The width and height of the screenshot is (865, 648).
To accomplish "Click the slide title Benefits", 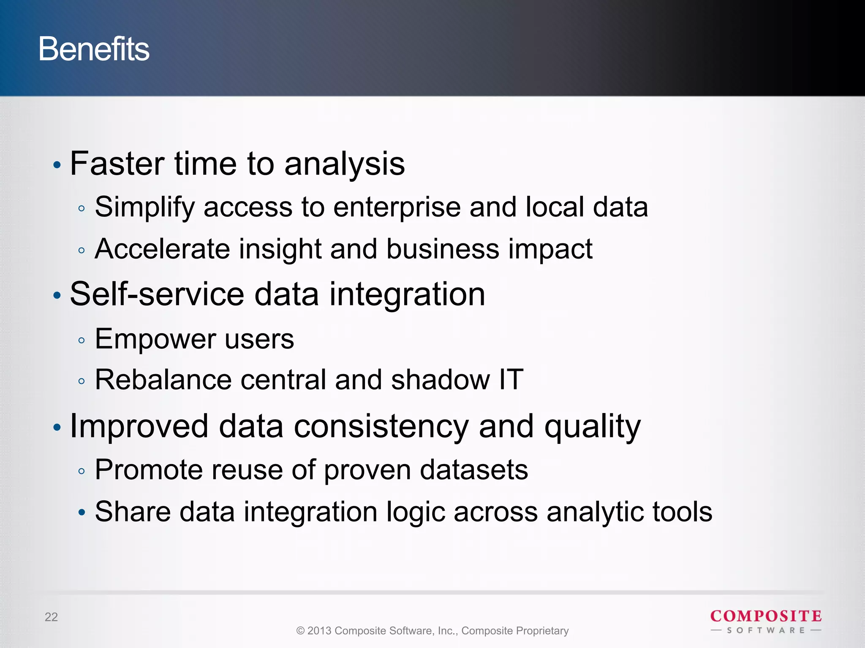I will (x=94, y=49).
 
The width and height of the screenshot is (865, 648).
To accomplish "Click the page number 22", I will (x=51, y=617).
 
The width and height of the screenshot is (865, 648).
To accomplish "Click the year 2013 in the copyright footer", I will (x=319, y=631).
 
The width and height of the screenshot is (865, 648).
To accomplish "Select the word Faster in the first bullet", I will (x=117, y=164).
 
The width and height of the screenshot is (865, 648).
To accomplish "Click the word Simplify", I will (x=144, y=208).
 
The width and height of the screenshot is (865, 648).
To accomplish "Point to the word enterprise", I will (x=397, y=208).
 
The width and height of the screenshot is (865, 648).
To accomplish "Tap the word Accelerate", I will (x=162, y=249).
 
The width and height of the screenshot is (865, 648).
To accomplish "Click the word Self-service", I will (x=157, y=294).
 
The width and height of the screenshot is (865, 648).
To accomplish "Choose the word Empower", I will (x=155, y=339).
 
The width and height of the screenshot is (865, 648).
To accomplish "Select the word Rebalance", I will (x=163, y=380).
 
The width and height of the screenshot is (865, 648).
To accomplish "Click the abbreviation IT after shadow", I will (x=511, y=380).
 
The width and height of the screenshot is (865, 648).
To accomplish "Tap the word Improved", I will (x=139, y=426).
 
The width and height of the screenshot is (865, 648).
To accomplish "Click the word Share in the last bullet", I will (x=133, y=512).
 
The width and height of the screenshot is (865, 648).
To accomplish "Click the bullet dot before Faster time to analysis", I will (x=57, y=165).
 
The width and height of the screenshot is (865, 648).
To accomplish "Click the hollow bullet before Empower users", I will (x=82, y=340).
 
